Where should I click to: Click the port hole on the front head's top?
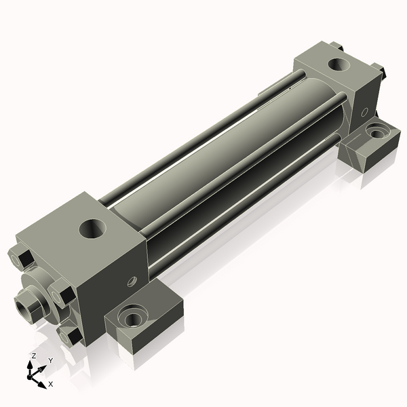(x=92, y=229)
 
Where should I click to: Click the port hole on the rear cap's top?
(x=338, y=64)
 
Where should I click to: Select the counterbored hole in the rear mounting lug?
(x=376, y=132)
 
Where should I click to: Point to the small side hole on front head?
(x=132, y=282)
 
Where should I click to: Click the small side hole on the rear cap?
(x=364, y=112)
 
